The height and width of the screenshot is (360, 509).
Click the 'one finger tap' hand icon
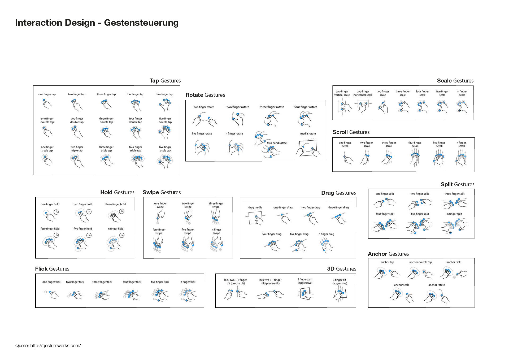[47, 104]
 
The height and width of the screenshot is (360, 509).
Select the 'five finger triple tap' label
[165, 149]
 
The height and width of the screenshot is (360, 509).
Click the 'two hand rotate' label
[277, 143]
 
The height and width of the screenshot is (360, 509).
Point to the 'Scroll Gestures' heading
[351, 132]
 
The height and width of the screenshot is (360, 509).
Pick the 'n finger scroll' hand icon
[461, 158]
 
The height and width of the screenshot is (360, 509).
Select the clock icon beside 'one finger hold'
[56, 212]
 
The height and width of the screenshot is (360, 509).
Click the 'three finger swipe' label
[216, 205]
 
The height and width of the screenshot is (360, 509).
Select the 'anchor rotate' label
[436, 285]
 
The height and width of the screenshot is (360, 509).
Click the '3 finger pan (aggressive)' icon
[305, 294]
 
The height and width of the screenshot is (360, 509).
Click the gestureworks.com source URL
[55, 346]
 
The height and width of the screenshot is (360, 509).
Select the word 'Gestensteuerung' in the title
[141, 23]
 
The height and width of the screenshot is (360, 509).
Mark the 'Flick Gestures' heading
[52, 269]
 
